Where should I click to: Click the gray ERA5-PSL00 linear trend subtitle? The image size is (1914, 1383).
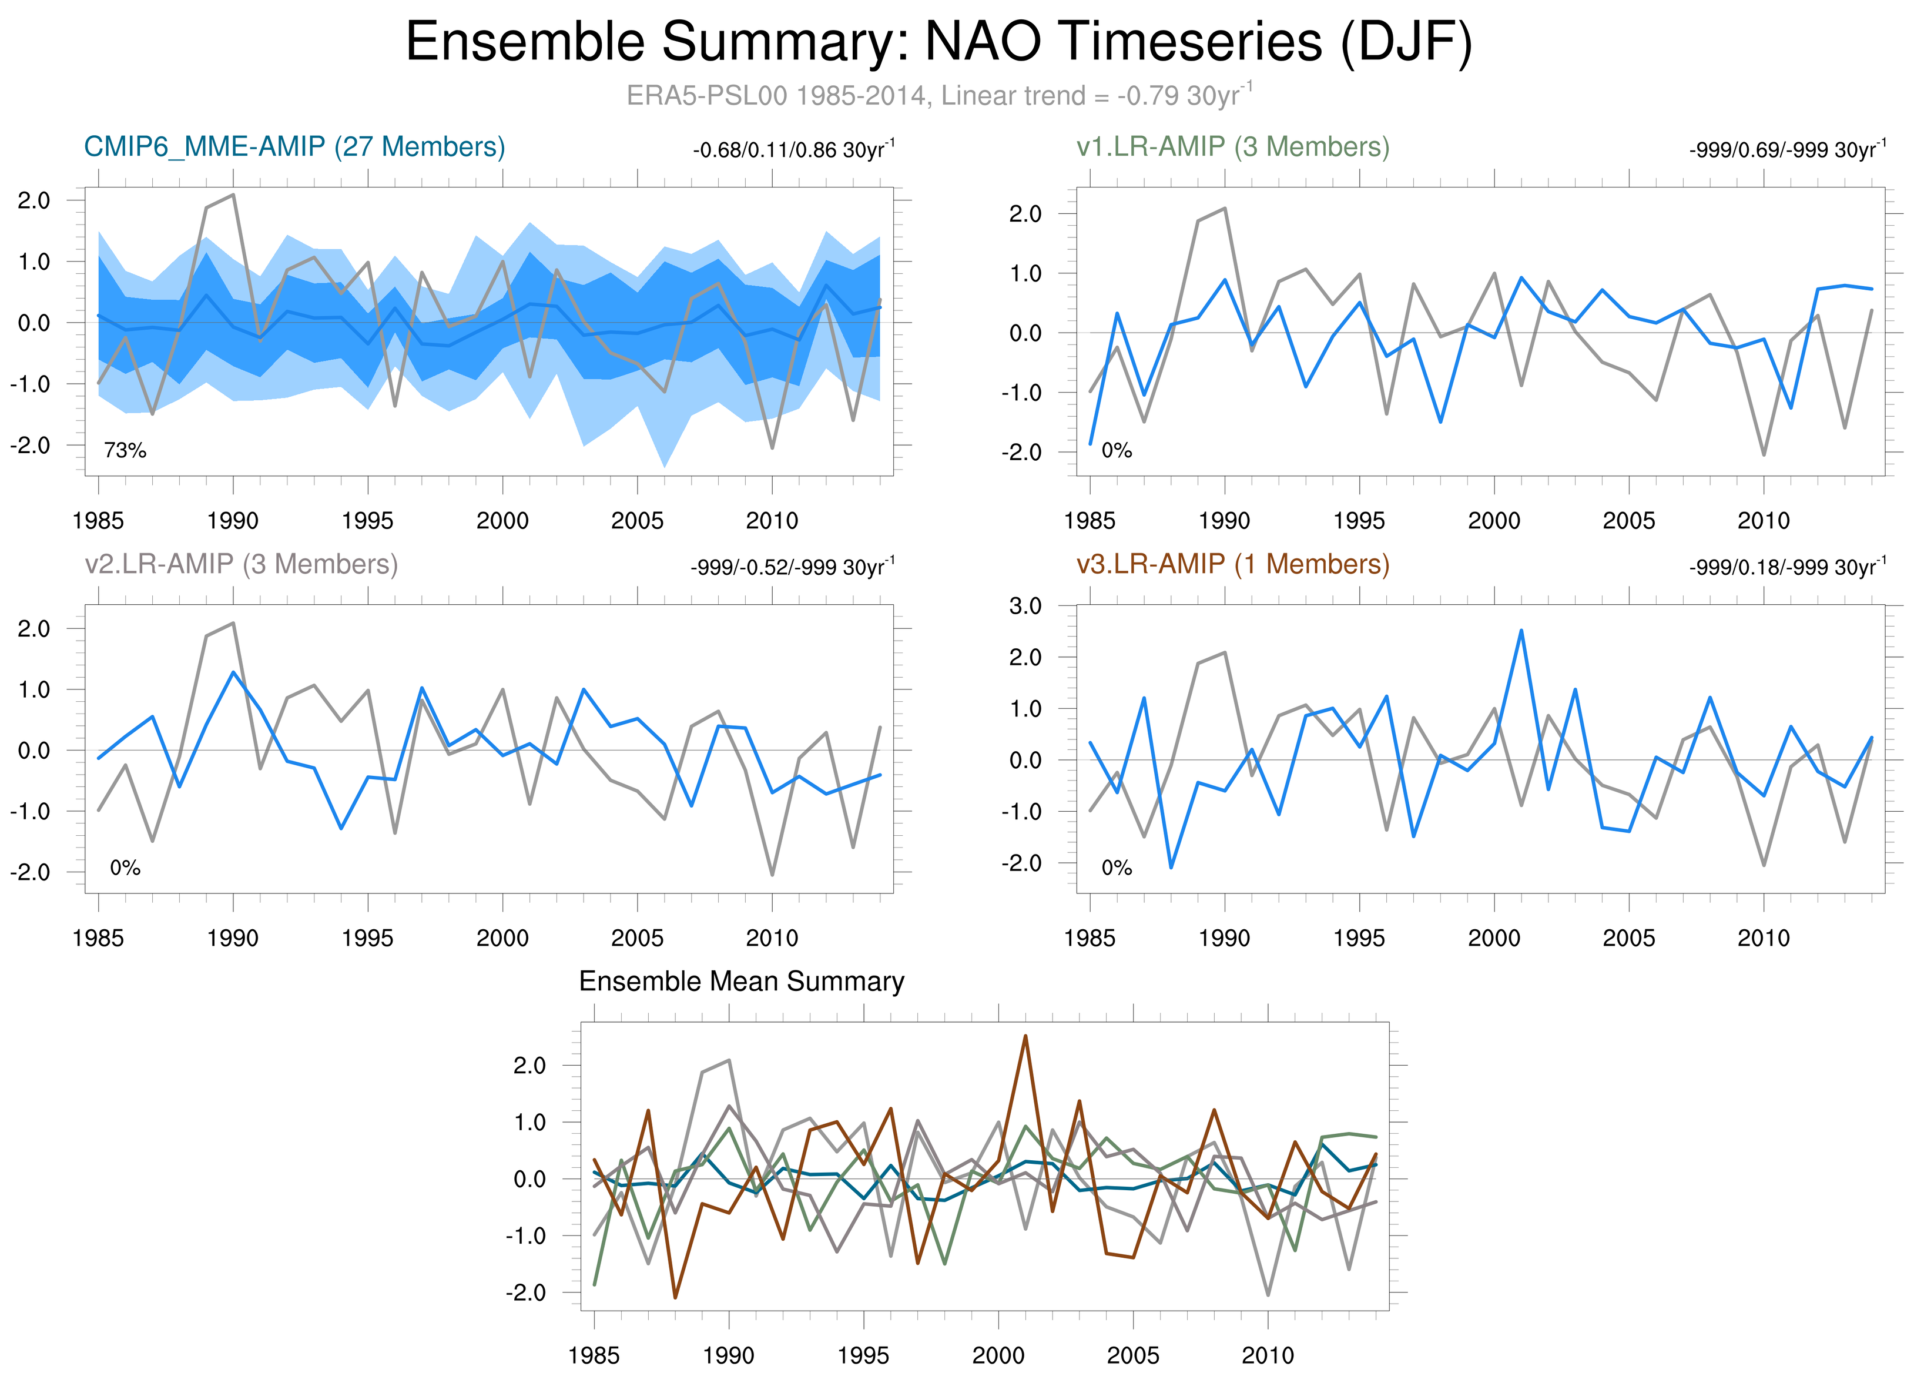(x=938, y=95)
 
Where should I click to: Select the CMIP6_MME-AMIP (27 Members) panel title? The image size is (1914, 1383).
(x=294, y=147)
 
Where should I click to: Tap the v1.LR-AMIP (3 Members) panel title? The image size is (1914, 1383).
(x=1232, y=147)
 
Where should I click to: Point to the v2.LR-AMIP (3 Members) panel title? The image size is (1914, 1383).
(x=242, y=564)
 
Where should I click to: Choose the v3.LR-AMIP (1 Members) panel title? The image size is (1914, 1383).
(x=1232, y=564)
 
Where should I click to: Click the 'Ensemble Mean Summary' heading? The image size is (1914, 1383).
(x=741, y=982)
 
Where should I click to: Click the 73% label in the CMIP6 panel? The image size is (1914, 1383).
(x=125, y=451)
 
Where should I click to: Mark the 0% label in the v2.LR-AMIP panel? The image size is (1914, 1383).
(x=125, y=868)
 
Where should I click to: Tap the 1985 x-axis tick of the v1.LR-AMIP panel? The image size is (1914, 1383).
(x=1090, y=521)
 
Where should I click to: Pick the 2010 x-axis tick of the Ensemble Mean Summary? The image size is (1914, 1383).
(x=1267, y=1356)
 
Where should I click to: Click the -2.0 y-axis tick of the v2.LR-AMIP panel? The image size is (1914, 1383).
(x=31, y=872)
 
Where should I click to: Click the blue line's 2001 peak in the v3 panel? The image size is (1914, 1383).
(x=1521, y=630)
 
